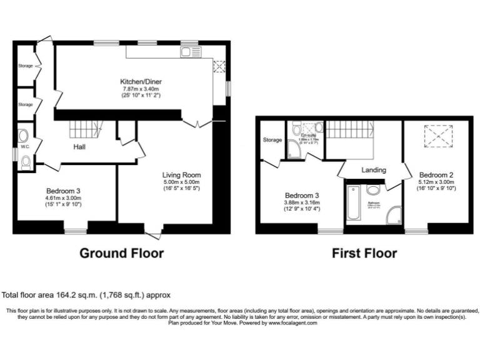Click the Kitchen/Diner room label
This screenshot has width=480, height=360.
click(143, 81)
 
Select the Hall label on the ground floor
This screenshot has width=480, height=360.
click(79, 147)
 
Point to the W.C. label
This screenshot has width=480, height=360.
click(25, 147)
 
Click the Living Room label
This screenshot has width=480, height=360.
click(182, 175)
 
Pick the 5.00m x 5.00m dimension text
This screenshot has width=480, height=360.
click(182, 182)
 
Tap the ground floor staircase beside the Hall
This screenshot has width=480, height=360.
click(84, 129)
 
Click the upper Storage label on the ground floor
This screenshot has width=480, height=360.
click(25, 64)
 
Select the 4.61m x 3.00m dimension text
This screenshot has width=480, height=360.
click(63, 198)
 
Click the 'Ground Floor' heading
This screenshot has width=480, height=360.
click(122, 253)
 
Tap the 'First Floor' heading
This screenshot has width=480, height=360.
click(364, 253)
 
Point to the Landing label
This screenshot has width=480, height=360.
click(373, 169)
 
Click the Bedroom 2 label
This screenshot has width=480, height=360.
click(436, 174)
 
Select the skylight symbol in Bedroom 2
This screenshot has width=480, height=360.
click(437, 134)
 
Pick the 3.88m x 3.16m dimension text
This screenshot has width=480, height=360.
click(302, 202)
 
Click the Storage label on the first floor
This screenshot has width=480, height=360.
click(272, 139)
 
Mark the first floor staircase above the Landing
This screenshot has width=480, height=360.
click(350, 131)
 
